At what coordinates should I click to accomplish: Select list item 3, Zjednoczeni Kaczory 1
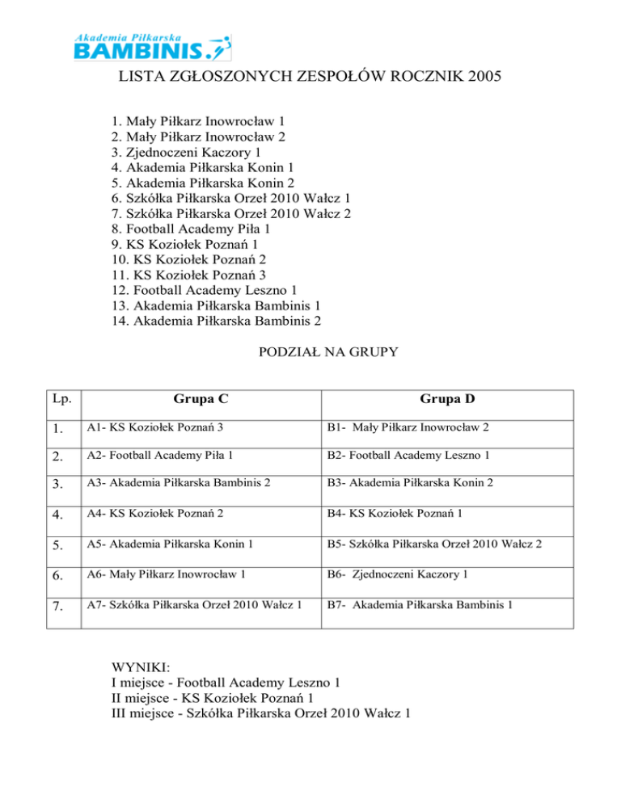point(187,153)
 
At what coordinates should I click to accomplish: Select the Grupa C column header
point(200,398)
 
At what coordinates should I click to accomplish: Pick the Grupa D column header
point(447,398)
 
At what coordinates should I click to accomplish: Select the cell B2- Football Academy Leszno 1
point(408,456)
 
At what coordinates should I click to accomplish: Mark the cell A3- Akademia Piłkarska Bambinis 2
point(184,485)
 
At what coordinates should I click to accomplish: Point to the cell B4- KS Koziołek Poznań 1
point(395,515)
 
